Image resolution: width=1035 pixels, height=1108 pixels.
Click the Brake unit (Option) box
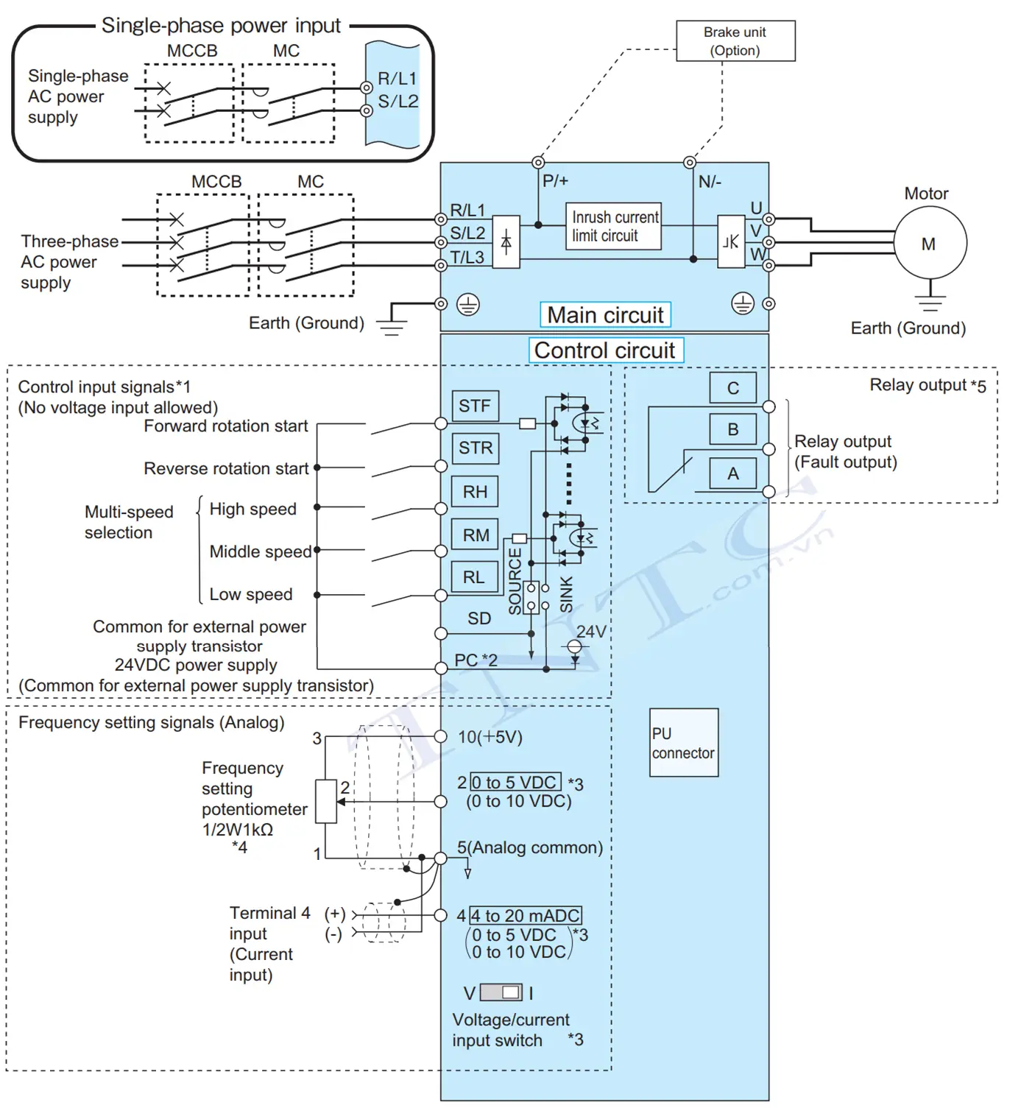pos(735,40)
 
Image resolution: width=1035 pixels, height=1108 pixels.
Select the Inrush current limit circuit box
pos(614,226)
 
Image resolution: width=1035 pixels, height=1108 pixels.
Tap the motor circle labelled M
pos(930,243)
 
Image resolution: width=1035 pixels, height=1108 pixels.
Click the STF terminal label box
pos(476,406)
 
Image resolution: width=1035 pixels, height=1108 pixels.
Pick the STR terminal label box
pos(476,448)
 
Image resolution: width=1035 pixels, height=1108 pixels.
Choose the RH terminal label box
pos(475,492)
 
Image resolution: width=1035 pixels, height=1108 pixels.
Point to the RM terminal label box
pos(475,534)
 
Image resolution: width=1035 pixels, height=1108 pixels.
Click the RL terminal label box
pos(475,577)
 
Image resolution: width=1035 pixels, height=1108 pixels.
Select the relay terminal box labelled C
pos(733,388)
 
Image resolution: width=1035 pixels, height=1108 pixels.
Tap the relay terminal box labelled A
pos(733,473)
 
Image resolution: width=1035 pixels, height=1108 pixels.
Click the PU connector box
pos(684,743)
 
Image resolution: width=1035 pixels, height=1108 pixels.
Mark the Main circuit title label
pos(605,314)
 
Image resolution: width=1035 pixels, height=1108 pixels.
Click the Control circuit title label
pos(606,350)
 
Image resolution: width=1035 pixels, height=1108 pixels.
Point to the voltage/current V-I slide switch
pos(501,992)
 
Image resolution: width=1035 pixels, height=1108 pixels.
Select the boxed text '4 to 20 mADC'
pos(526,916)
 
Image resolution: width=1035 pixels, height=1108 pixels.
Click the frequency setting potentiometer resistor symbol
pos(326,801)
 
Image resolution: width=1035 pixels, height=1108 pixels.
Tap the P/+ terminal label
pos(555,181)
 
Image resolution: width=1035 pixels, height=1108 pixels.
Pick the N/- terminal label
pos(710,181)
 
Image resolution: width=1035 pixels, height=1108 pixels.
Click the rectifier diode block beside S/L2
pos(506,242)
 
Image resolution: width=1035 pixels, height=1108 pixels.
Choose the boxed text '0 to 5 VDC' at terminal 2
pos(515,782)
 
